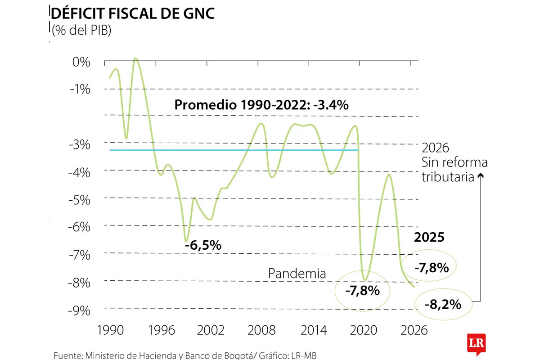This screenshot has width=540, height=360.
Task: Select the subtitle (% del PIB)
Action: [x=81, y=31]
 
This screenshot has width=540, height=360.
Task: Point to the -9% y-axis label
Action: [x=79, y=310]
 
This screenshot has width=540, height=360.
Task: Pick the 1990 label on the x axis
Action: [x=110, y=331]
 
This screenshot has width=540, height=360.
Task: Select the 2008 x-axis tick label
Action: [x=261, y=331]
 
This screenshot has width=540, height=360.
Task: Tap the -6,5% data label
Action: [x=203, y=245]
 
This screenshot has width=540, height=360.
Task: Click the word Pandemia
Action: [x=297, y=273]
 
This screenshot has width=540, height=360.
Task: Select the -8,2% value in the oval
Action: [x=443, y=305]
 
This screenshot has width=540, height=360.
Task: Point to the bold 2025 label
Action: [x=429, y=237]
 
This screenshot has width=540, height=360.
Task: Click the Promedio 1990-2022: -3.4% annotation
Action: [x=261, y=105]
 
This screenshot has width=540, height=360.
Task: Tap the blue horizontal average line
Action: [x=234, y=150]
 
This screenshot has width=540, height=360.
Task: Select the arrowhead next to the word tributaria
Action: [x=481, y=177]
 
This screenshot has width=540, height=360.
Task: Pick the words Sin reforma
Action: [x=454, y=162]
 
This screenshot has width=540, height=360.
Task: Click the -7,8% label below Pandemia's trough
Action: [x=363, y=291]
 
